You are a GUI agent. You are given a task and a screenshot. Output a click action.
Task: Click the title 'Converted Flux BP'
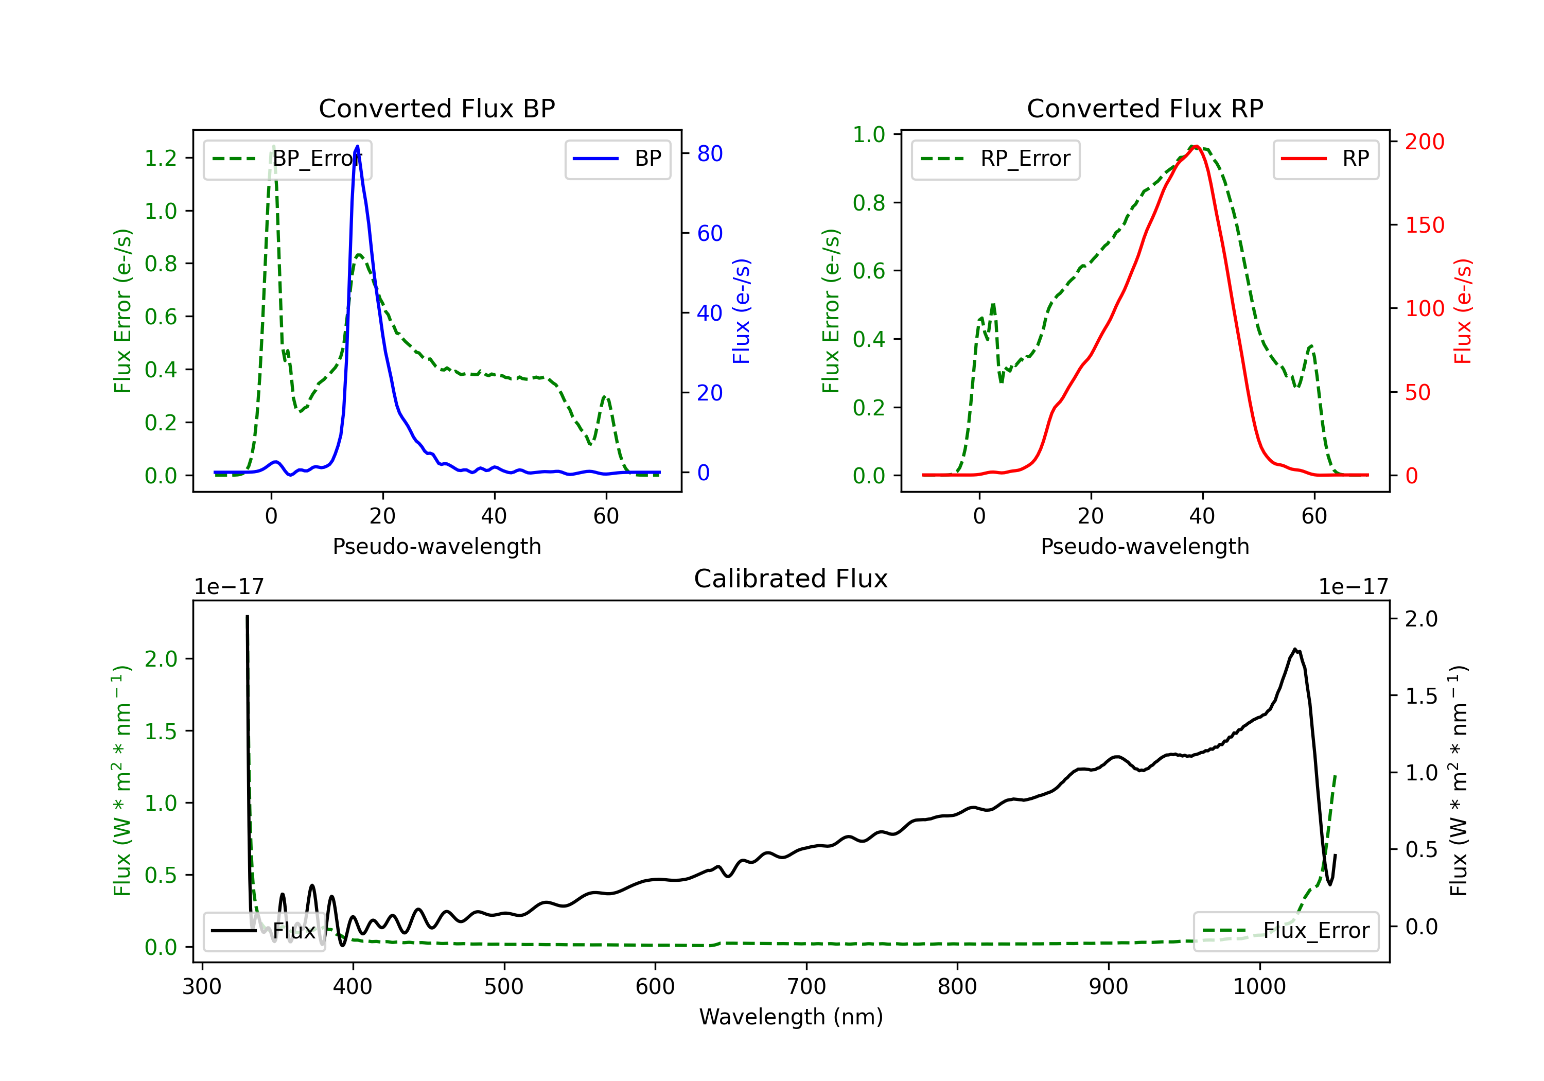436,108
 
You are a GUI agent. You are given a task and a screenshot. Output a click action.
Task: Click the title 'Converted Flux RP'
1145,108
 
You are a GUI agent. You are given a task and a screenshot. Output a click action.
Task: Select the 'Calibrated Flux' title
791,579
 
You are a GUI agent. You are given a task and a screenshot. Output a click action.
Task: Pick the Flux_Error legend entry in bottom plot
1286,931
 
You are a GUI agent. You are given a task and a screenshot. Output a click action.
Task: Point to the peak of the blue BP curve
357,146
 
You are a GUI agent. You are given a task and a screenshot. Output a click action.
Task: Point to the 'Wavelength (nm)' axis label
791,1017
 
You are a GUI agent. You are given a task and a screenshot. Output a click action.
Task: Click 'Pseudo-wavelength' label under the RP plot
1145,546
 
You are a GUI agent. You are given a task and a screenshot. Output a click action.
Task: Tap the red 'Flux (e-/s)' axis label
1463,311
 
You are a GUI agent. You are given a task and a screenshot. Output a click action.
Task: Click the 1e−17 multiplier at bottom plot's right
1353,587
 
